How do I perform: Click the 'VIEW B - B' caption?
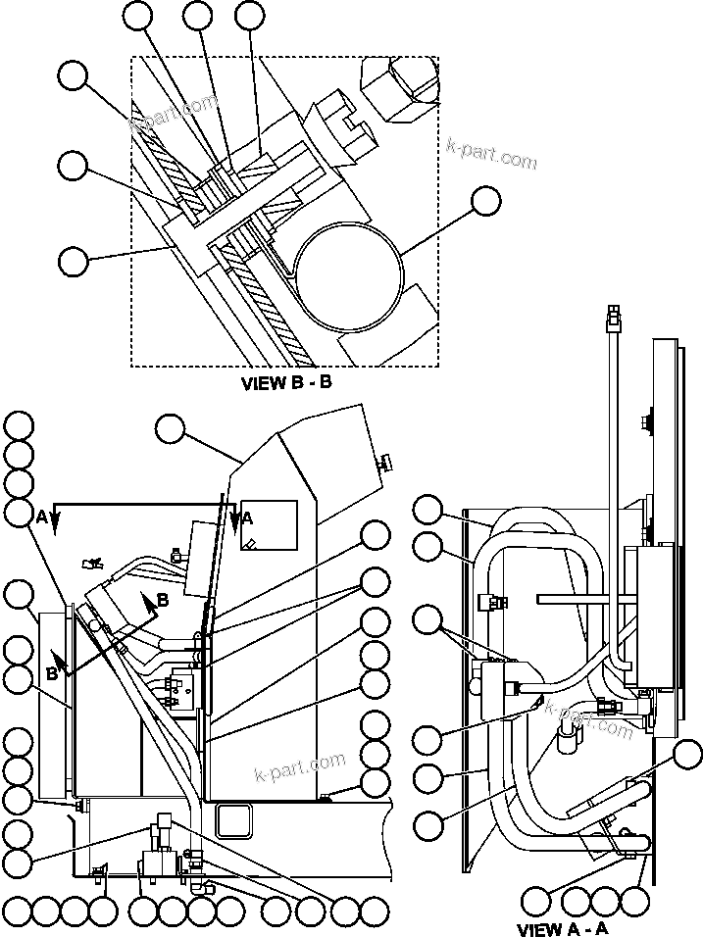[286, 383]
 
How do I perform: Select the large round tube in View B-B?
[350, 267]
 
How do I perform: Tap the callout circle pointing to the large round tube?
[484, 202]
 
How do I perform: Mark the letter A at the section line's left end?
[42, 516]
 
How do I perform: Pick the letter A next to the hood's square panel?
[247, 517]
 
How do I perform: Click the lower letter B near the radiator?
[52, 673]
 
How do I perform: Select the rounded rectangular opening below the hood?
[232, 818]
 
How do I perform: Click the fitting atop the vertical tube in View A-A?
[614, 316]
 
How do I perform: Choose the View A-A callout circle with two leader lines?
[427, 619]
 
